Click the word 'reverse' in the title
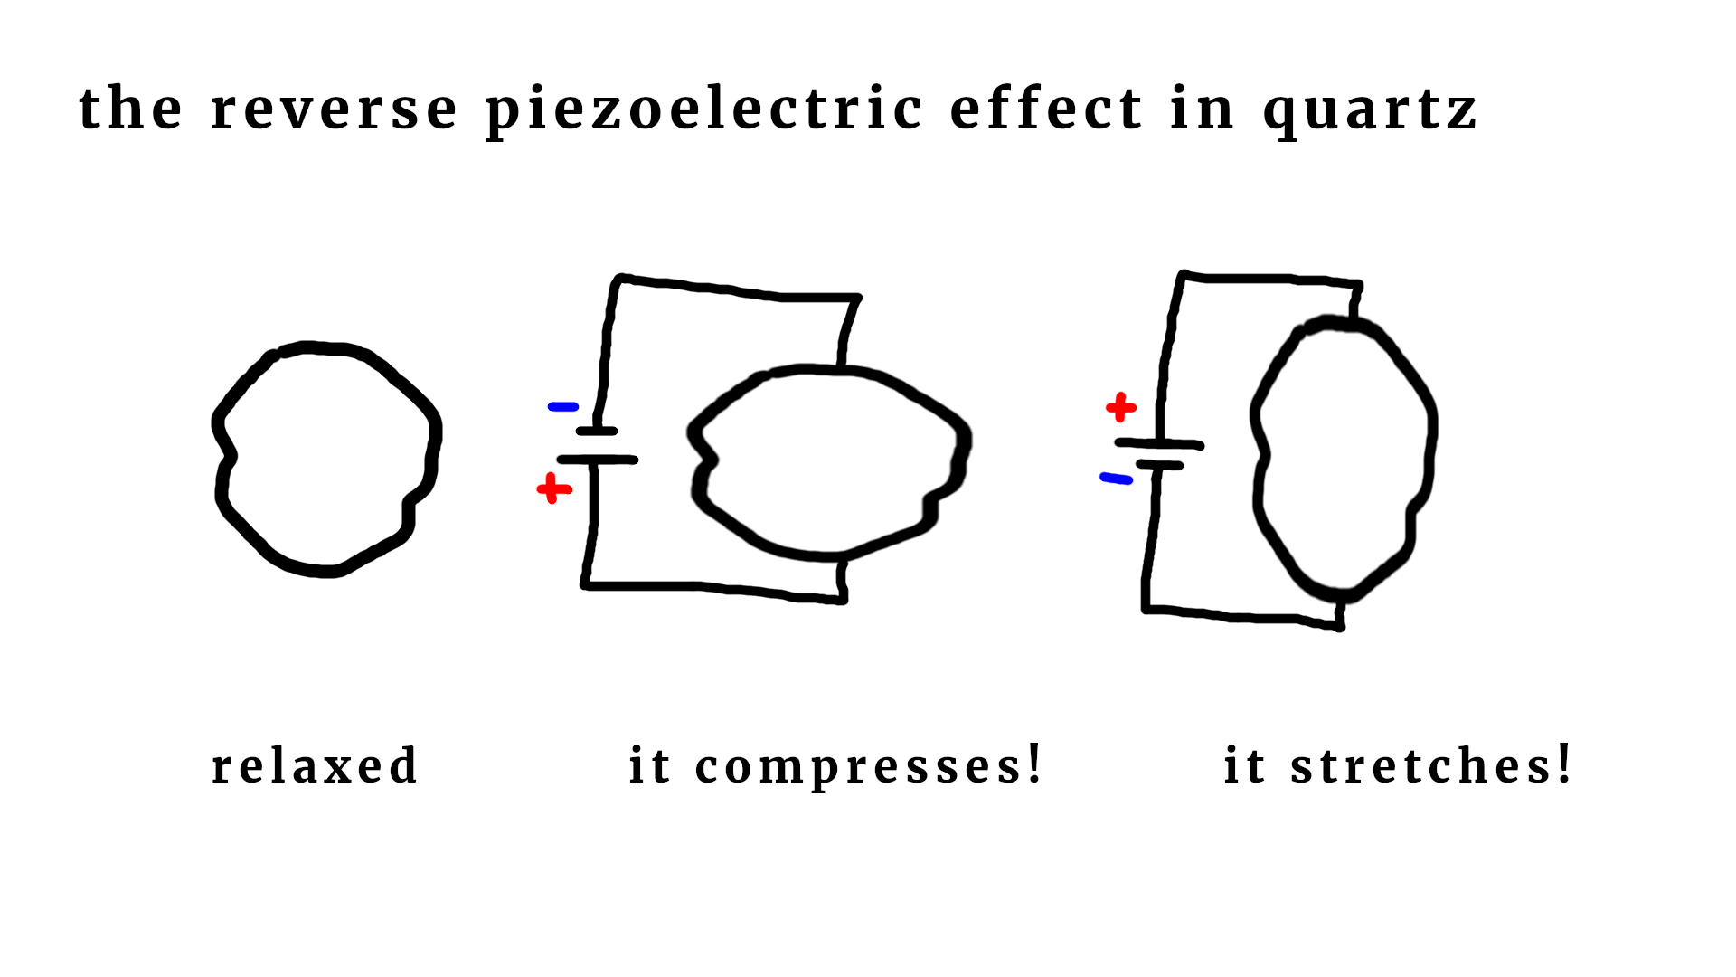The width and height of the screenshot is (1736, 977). pos(334,109)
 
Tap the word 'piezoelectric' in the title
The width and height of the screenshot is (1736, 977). pos(703,111)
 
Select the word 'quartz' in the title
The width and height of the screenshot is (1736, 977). pos(1370,111)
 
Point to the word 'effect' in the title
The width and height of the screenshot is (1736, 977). pos(1046,109)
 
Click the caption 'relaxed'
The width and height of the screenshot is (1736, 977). pos(315,766)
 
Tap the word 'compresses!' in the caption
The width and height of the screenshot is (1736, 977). pos(868,767)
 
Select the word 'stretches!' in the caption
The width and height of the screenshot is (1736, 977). pos(1430,765)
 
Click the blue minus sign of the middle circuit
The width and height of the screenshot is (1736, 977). pos(562,407)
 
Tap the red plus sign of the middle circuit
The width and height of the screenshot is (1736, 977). pos(553,489)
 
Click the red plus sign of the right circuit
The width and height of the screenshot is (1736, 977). pos(1120,408)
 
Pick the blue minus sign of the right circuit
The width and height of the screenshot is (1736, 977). pos(1116,479)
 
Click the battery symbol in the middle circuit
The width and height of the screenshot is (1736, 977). pos(597,446)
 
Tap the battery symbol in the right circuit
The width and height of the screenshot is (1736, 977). pos(1158,454)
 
